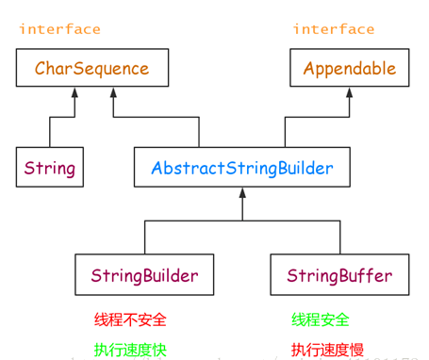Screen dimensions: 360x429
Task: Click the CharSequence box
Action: [92, 69]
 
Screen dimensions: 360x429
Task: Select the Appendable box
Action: [350, 69]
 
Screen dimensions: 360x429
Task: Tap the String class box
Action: [49, 170]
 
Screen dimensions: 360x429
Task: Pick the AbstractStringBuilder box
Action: [241, 170]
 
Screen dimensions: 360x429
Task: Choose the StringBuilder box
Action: [144, 276]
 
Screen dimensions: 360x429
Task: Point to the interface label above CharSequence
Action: [59, 29]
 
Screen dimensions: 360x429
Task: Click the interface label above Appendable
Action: [333, 29]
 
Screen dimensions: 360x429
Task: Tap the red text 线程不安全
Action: [124, 320]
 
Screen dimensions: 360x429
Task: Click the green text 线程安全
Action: [321, 320]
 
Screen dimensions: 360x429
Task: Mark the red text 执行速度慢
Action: [327, 349]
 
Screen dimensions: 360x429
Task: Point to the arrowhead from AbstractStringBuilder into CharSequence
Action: [114, 95]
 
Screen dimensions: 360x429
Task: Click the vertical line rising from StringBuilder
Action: [144, 237]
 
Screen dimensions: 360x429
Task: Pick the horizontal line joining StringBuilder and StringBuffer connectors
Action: [241, 220]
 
